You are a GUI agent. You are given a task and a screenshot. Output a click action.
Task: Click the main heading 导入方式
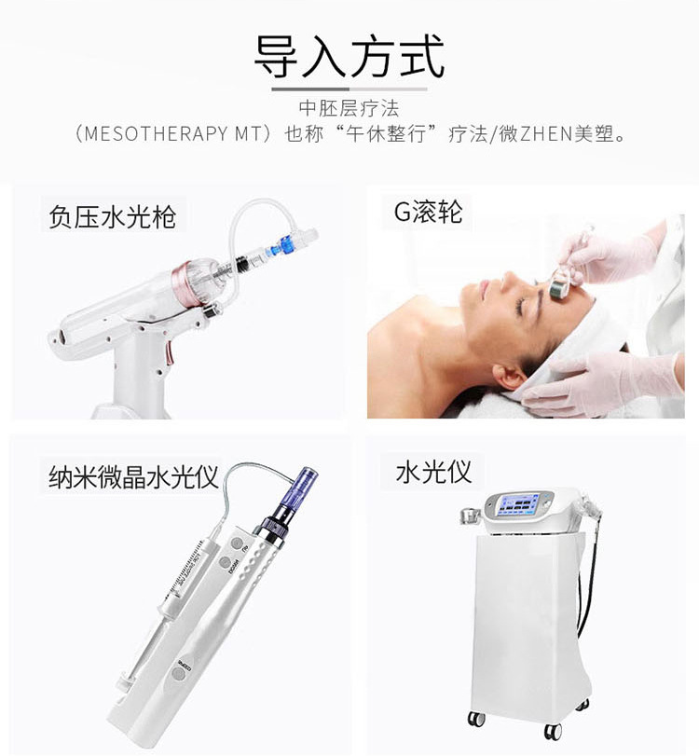pos(349,56)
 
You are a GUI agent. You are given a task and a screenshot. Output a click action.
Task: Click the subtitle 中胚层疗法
pos(349,108)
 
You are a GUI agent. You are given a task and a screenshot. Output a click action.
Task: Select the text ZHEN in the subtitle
pos(534,133)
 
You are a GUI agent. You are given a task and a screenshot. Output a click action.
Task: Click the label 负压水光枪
pos(112,217)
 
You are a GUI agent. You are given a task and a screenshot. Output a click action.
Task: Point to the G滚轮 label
pos(428,213)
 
